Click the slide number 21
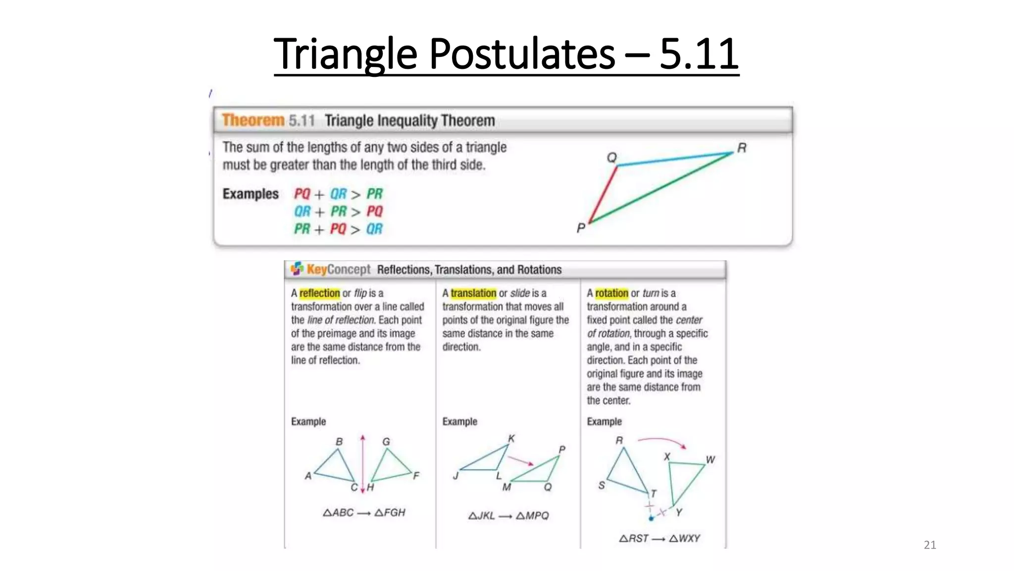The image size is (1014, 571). click(x=929, y=545)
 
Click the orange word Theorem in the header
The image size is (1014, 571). click(x=253, y=120)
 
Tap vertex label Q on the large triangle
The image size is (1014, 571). click(x=612, y=157)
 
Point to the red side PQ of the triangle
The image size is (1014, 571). click(x=603, y=194)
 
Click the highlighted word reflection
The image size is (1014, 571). click(x=319, y=293)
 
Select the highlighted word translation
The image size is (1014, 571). click(x=473, y=293)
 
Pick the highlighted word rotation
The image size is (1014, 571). click(x=611, y=293)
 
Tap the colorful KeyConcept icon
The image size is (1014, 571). click(x=297, y=269)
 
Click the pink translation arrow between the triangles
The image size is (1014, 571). click(x=520, y=460)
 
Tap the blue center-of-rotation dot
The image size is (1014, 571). click(x=651, y=518)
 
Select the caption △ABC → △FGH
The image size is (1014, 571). click(x=364, y=513)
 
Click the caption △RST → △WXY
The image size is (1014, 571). click(x=659, y=538)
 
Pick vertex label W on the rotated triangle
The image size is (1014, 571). click(x=710, y=459)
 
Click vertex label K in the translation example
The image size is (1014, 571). click(x=511, y=438)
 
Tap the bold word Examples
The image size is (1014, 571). click(x=251, y=194)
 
